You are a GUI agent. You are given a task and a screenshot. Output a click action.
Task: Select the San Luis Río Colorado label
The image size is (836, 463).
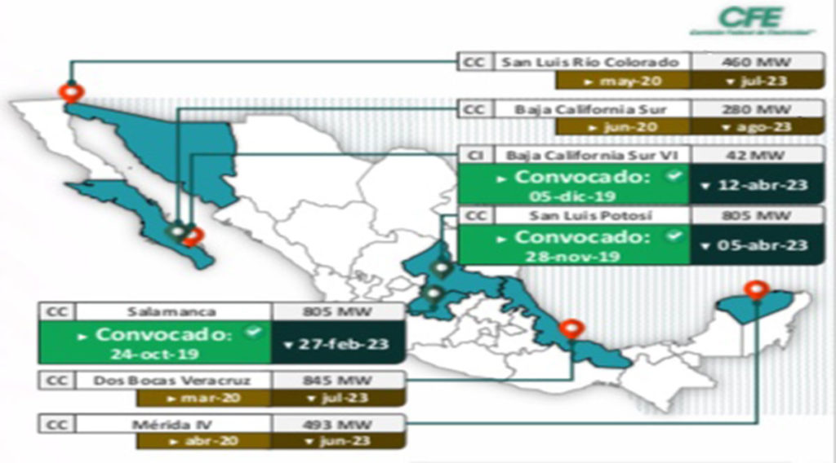coord(590,62)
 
